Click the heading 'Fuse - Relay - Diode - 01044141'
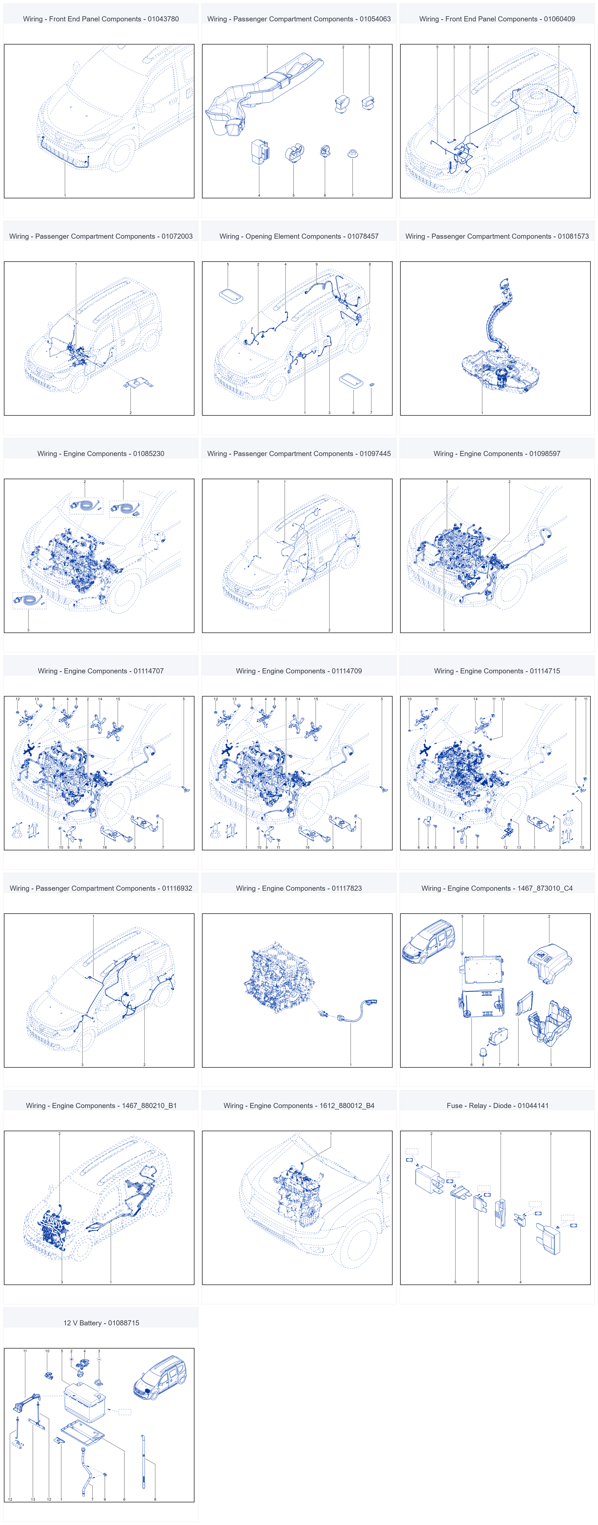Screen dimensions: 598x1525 [x=497, y=1105]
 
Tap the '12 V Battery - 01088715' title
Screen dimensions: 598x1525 [x=101, y=1322]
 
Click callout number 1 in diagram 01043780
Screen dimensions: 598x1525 [x=65, y=195]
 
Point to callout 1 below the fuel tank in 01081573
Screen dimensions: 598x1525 [x=482, y=413]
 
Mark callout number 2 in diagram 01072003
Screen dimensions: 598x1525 [x=130, y=413]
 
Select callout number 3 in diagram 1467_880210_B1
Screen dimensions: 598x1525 [x=62, y=1282]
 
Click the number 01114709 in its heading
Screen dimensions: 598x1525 [x=347, y=671]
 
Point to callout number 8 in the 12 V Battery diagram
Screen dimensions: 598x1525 [x=155, y=1499]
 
